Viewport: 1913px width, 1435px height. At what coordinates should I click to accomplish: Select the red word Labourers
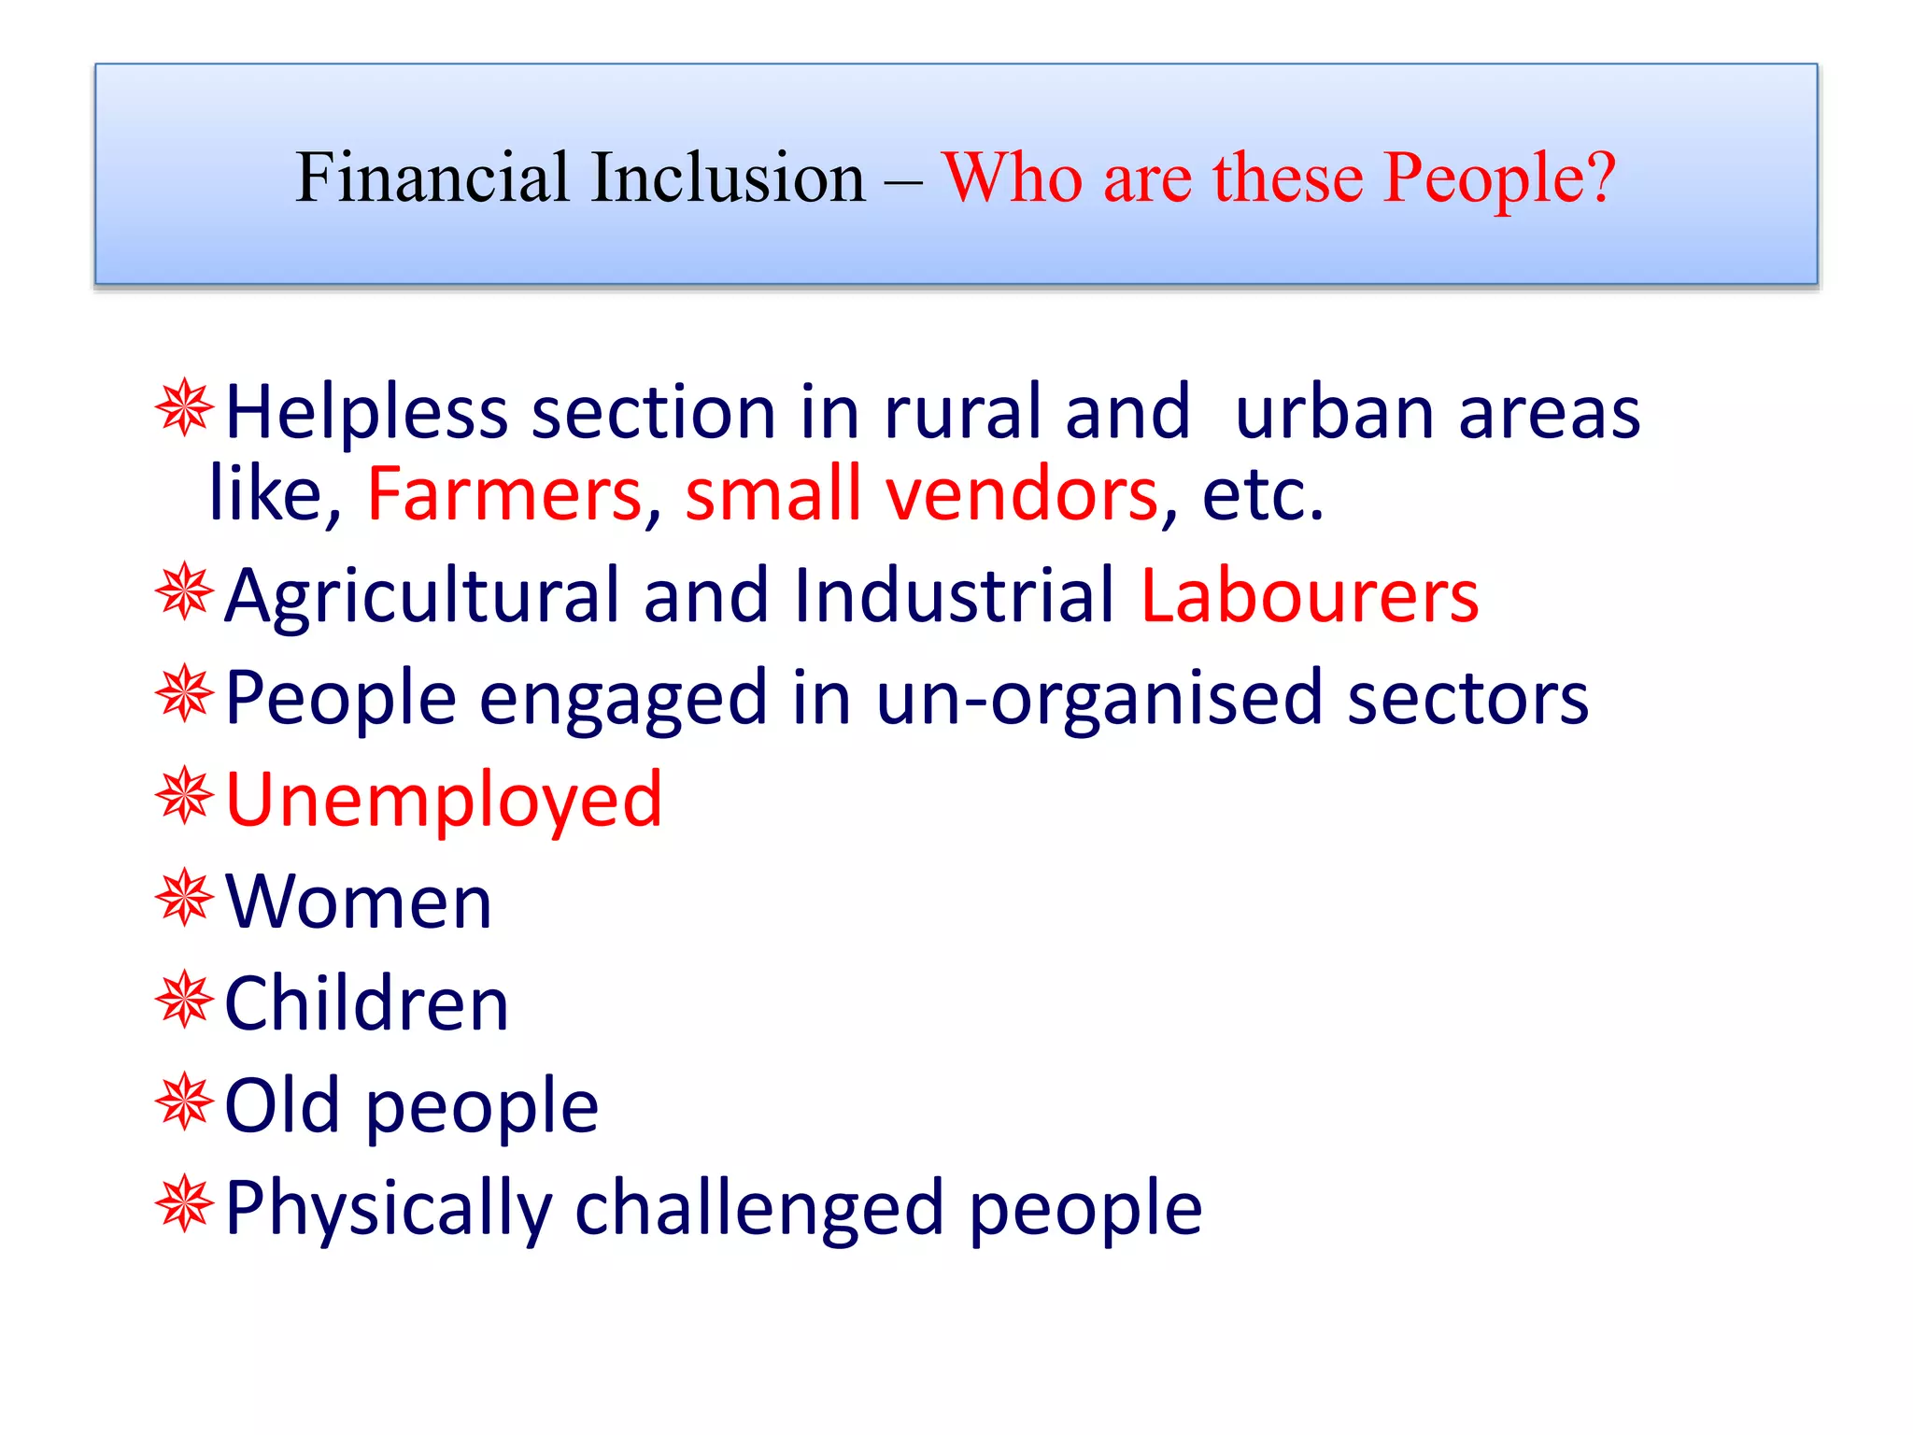click(1310, 596)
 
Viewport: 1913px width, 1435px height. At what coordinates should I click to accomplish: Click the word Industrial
click(954, 596)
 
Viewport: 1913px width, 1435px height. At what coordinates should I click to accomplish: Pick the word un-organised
click(1099, 699)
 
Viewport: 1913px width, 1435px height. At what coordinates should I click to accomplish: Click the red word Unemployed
click(444, 801)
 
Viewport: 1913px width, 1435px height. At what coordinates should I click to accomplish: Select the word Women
click(359, 902)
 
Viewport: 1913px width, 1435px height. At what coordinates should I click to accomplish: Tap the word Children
click(367, 1004)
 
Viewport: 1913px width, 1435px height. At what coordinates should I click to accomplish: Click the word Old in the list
click(282, 1106)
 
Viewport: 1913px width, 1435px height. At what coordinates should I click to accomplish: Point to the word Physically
click(389, 1209)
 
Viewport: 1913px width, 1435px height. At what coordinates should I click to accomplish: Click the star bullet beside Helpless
click(185, 408)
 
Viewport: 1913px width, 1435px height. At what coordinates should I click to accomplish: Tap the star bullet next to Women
click(185, 898)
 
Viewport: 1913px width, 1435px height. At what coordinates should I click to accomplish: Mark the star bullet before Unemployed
click(185, 796)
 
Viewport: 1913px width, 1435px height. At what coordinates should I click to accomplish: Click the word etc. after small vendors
click(1263, 494)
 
